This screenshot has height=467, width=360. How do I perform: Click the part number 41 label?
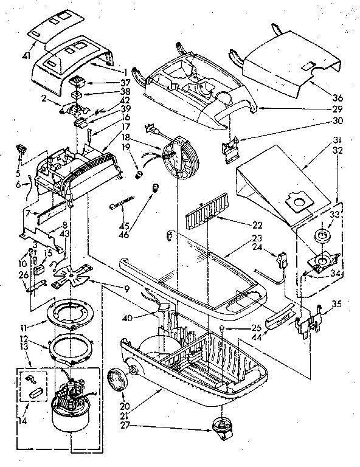[x=26, y=55]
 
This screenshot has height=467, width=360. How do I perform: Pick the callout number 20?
[x=125, y=406]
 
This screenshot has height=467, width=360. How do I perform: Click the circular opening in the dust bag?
[x=298, y=201]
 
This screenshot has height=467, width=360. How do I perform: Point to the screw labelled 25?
[x=222, y=329]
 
